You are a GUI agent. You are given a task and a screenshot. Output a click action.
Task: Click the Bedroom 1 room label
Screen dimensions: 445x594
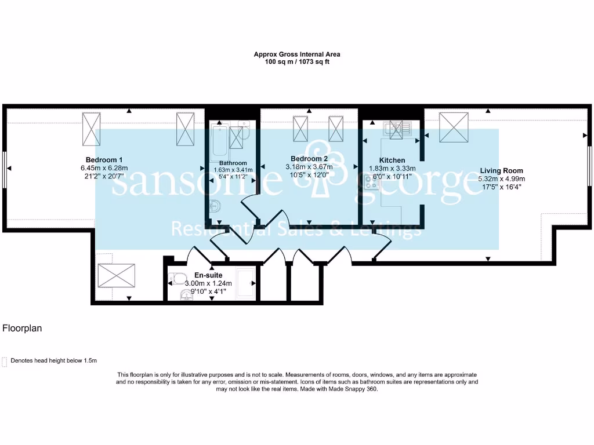pyautogui.click(x=104, y=160)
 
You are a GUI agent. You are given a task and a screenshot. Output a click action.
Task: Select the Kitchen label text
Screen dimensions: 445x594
pyautogui.click(x=392, y=161)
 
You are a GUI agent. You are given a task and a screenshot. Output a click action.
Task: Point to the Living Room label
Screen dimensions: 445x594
pyautogui.click(x=501, y=171)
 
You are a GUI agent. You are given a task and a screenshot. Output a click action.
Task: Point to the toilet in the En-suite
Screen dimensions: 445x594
pyautogui.click(x=178, y=279)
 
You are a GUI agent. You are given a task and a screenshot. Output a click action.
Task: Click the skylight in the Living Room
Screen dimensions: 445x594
pyautogui.click(x=454, y=126)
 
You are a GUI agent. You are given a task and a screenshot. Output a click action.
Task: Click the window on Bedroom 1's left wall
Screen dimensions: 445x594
pyautogui.click(x=5, y=169)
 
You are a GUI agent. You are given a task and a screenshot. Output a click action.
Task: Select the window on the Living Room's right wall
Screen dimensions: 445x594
pyautogui.click(x=589, y=166)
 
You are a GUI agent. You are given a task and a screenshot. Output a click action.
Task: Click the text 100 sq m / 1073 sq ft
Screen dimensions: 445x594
pyautogui.click(x=297, y=61)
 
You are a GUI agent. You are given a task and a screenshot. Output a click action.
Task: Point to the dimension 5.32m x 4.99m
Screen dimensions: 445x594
pyautogui.click(x=501, y=179)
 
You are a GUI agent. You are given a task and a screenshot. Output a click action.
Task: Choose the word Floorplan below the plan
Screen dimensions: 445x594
pyautogui.click(x=22, y=329)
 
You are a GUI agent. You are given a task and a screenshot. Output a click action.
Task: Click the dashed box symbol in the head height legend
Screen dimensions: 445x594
pyautogui.click(x=5, y=360)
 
